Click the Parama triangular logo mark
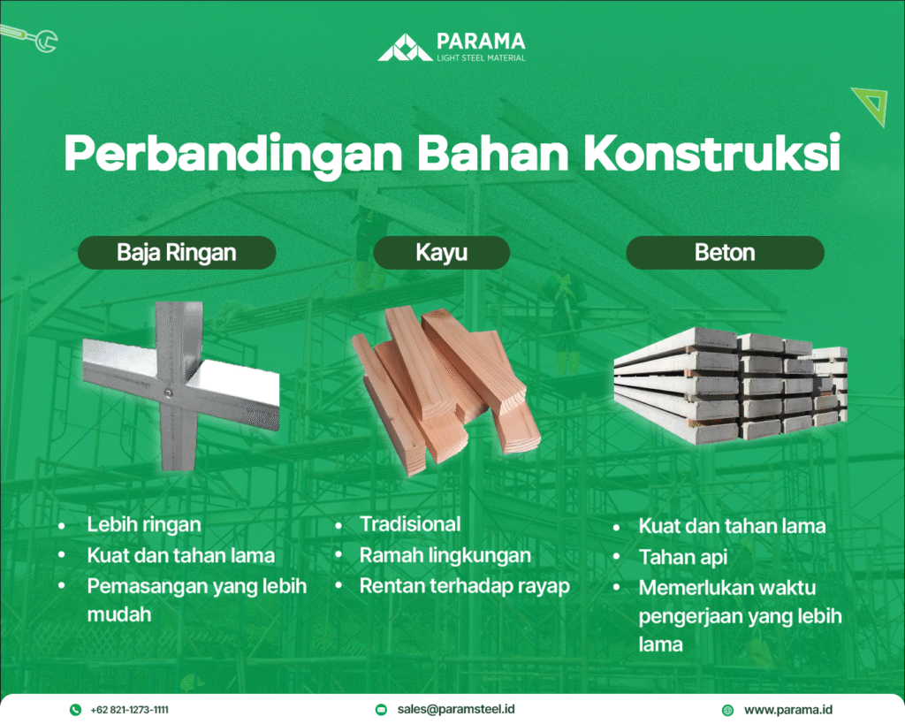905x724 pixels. coord(405,48)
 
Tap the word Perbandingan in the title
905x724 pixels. coord(233,154)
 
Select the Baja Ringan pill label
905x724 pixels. coord(177,252)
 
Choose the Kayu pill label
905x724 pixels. coord(442,252)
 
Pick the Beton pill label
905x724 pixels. coord(725,252)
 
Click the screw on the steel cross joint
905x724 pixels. coord(168,393)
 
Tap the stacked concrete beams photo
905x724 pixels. coord(731,385)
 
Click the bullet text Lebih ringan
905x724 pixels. coord(144,524)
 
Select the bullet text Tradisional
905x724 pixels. coord(410,523)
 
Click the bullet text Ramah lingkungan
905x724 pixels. coord(445,555)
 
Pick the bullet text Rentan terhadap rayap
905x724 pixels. coord(465,585)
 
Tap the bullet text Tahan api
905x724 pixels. coord(683,557)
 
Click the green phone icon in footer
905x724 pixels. coord(76,710)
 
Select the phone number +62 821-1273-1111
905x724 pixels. coord(129,710)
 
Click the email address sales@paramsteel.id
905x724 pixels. coord(456,709)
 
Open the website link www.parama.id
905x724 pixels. coord(788,710)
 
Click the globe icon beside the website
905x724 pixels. coord(728,710)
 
